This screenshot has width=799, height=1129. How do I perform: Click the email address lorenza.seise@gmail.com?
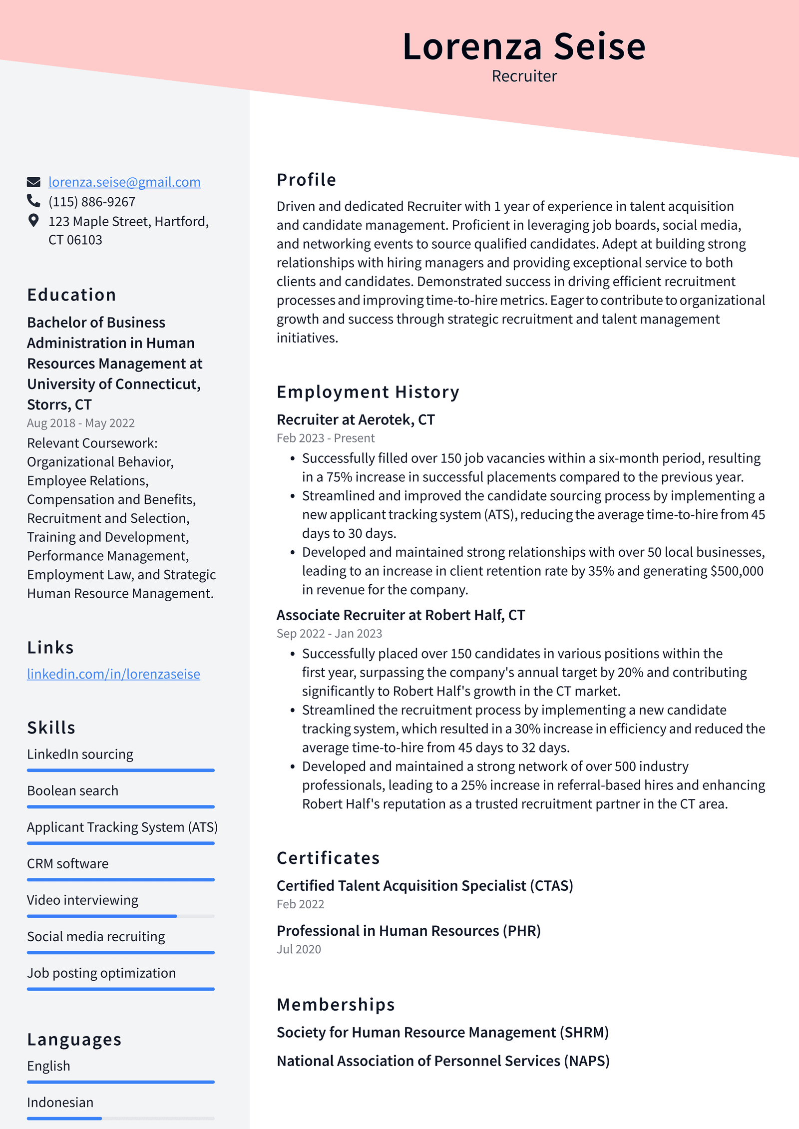click(124, 182)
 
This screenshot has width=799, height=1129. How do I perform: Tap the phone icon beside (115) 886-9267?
click(33, 201)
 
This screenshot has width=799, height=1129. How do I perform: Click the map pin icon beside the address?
click(33, 220)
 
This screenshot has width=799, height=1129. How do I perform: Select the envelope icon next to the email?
click(33, 182)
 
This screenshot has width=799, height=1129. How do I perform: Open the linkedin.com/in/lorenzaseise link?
click(113, 674)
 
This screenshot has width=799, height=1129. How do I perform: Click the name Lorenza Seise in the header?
click(524, 46)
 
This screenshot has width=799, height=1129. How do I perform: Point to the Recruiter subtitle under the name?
click(524, 76)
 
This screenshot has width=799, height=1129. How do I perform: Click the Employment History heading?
click(368, 392)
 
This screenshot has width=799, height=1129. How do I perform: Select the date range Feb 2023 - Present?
click(325, 438)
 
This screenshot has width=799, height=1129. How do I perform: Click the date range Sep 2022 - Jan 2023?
click(329, 633)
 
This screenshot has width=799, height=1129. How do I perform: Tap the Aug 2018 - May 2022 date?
click(81, 423)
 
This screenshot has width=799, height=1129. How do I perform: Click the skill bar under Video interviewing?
click(120, 916)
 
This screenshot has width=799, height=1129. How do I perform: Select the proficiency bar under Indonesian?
click(120, 1118)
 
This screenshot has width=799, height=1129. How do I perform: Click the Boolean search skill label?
click(73, 790)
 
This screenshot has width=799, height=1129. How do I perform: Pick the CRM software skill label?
click(68, 863)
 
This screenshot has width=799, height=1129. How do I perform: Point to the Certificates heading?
click(328, 858)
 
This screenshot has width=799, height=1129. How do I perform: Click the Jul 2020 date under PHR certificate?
click(299, 949)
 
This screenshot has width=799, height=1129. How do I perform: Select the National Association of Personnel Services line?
click(443, 1061)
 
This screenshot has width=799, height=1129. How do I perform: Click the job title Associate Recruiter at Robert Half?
click(400, 615)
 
